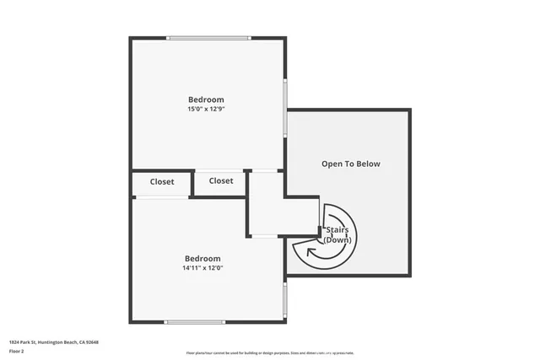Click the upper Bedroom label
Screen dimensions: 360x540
coord(206,99)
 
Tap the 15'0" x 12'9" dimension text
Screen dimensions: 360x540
coord(206,110)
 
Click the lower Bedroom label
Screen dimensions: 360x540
coord(202,258)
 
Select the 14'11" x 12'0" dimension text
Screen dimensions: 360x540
coord(202,268)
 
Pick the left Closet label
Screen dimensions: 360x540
coord(162,181)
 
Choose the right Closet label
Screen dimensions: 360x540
coord(221,180)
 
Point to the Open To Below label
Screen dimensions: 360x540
coord(351,164)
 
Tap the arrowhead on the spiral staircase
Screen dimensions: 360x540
coord(312,250)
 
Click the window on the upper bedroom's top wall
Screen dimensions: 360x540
coord(208,37)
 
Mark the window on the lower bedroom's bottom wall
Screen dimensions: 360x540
coord(195,321)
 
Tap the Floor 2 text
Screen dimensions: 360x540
coord(17,352)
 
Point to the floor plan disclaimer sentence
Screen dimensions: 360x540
coord(269,352)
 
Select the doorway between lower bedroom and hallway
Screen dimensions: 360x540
coord(265,235)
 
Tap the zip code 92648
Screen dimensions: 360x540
coord(92,342)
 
